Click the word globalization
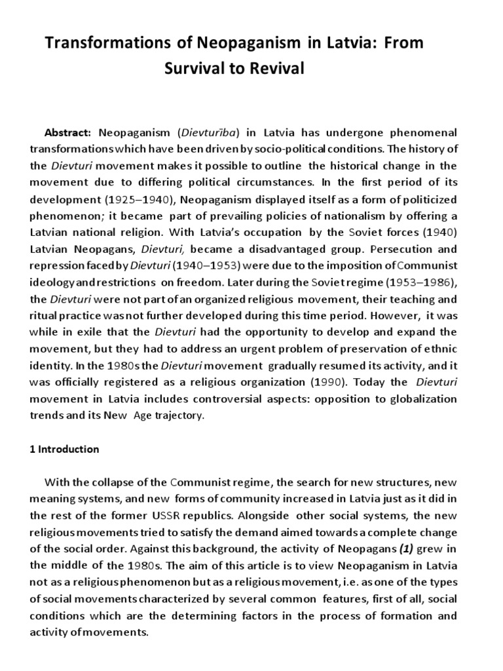[424, 397]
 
